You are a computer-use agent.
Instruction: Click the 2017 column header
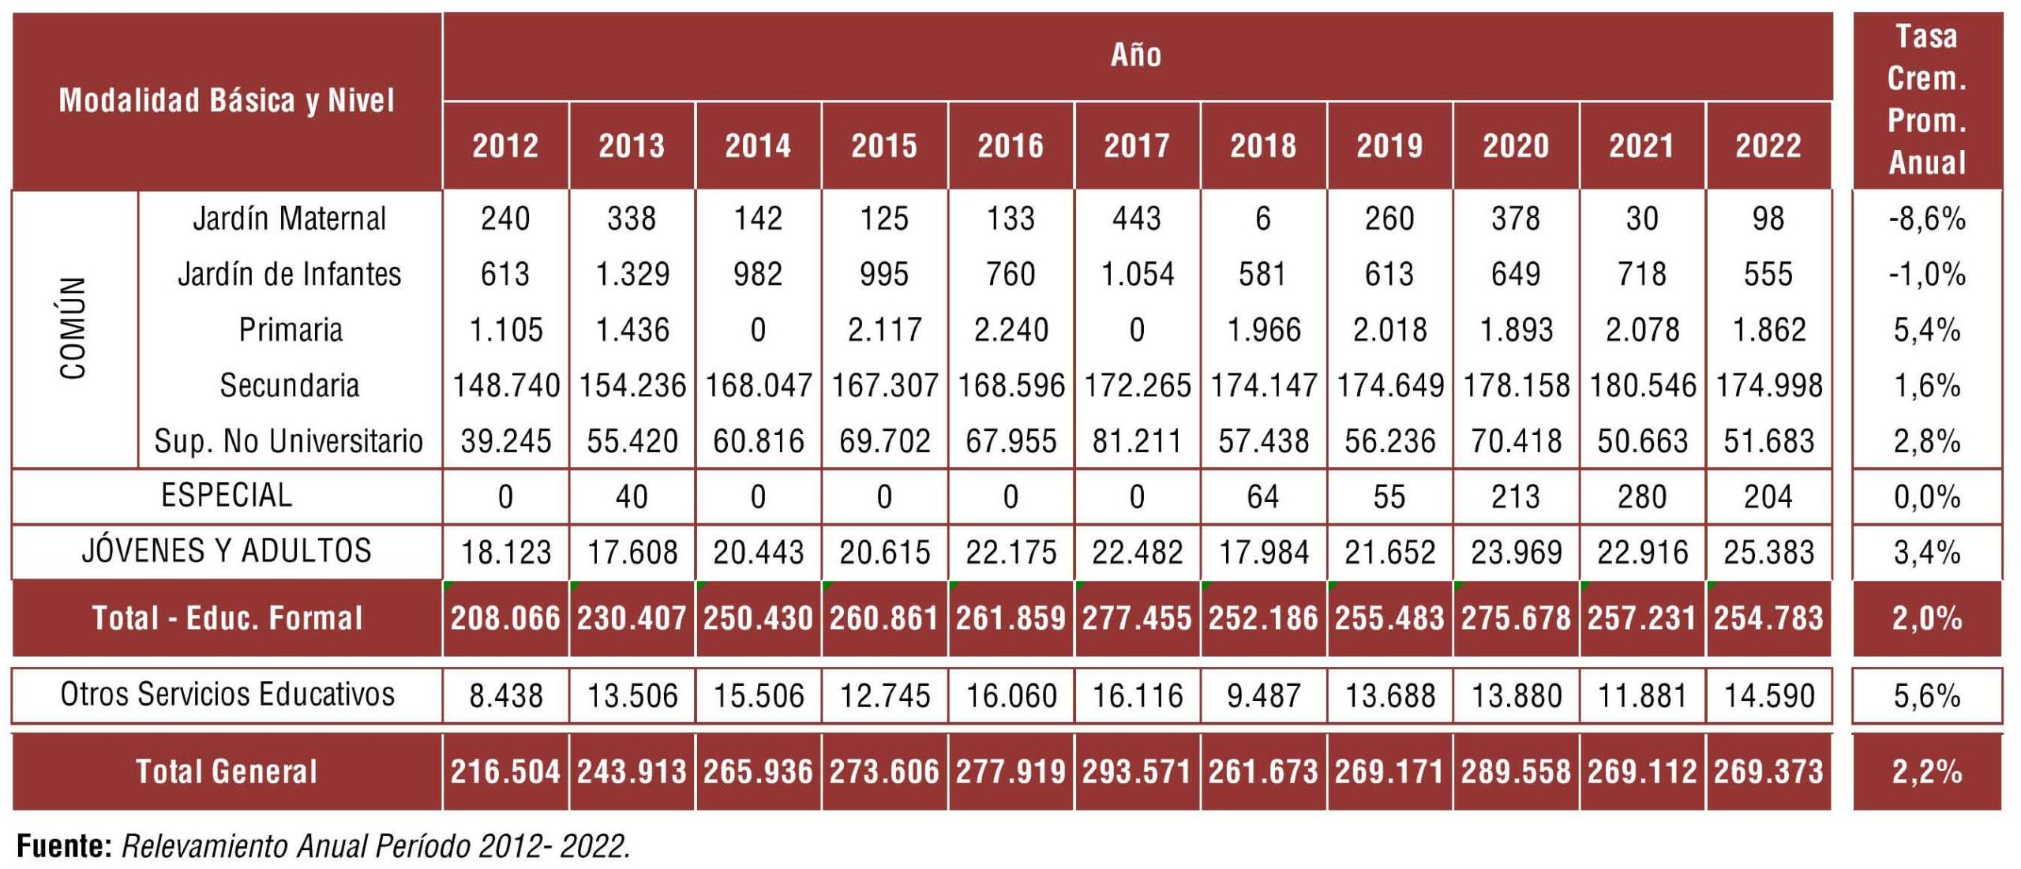click(x=1137, y=146)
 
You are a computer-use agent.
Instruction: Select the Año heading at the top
click(x=1136, y=55)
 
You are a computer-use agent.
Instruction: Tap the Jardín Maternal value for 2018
click(x=1263, y=219)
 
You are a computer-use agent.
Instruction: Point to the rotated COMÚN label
click(x=73, y=328)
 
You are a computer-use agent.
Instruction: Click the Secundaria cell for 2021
click(x=1642, y=386)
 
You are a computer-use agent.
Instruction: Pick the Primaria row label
click(x=291, y=330)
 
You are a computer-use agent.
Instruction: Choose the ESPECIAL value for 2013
click(x=632, y=496)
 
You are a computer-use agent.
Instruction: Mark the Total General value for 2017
click(x=1137, y=771)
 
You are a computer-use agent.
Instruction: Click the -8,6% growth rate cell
click(x=1926, y=219)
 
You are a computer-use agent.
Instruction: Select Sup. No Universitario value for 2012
click(x=505, y=441)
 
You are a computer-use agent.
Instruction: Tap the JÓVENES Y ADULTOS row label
click(x=227, y=551)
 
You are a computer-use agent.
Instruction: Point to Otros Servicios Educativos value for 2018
click(x=1263, y=695)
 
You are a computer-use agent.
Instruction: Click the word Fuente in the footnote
click(x=63, y=846)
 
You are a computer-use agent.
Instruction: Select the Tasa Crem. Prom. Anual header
click(x=1926, y=100)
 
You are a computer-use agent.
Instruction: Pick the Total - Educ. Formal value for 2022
click(x=1768, y=618)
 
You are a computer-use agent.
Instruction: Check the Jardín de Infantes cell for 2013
click(x=632, y=275)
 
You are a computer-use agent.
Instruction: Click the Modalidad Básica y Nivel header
click(x=227, y=101)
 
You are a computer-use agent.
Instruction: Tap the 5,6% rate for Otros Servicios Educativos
click(x=1926, y=695)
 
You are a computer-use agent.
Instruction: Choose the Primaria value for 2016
click(x=1010, y=330)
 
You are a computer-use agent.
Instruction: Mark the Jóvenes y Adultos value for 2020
click(x=1516, y=552)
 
